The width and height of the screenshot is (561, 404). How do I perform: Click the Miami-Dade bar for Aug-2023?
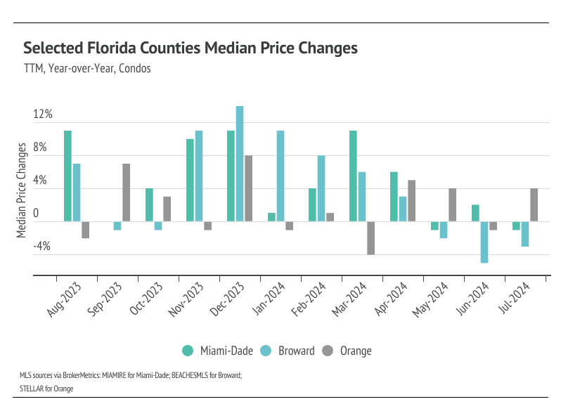click(x=67, y=176)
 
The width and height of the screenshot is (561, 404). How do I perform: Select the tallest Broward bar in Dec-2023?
click(x=240, y=164)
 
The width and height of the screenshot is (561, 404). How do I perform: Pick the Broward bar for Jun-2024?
click(x=484, y=242)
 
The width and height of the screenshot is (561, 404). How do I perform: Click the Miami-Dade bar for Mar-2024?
click(x=353, y=176)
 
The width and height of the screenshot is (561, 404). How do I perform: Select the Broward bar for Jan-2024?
click(x=280, y=176)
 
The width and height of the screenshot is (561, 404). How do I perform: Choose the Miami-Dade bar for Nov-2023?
click(x=190, y=181)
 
